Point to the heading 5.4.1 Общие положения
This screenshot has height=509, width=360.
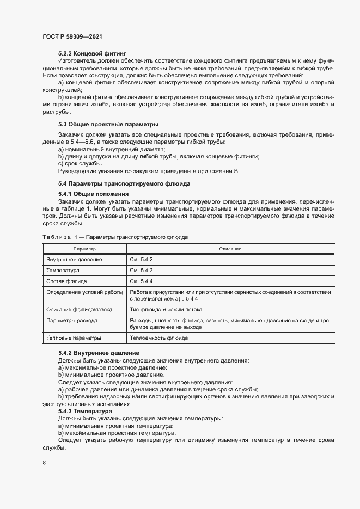(93, 194)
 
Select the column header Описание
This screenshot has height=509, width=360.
(230, 248)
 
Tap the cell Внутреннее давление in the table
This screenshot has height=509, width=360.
(75, 259)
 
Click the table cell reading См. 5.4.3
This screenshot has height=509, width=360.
(141, 270)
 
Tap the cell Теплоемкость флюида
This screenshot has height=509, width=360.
(158, 338)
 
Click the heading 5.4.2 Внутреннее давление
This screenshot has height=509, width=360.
(99, 353)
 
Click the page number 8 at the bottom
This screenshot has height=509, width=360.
(44, 463)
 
